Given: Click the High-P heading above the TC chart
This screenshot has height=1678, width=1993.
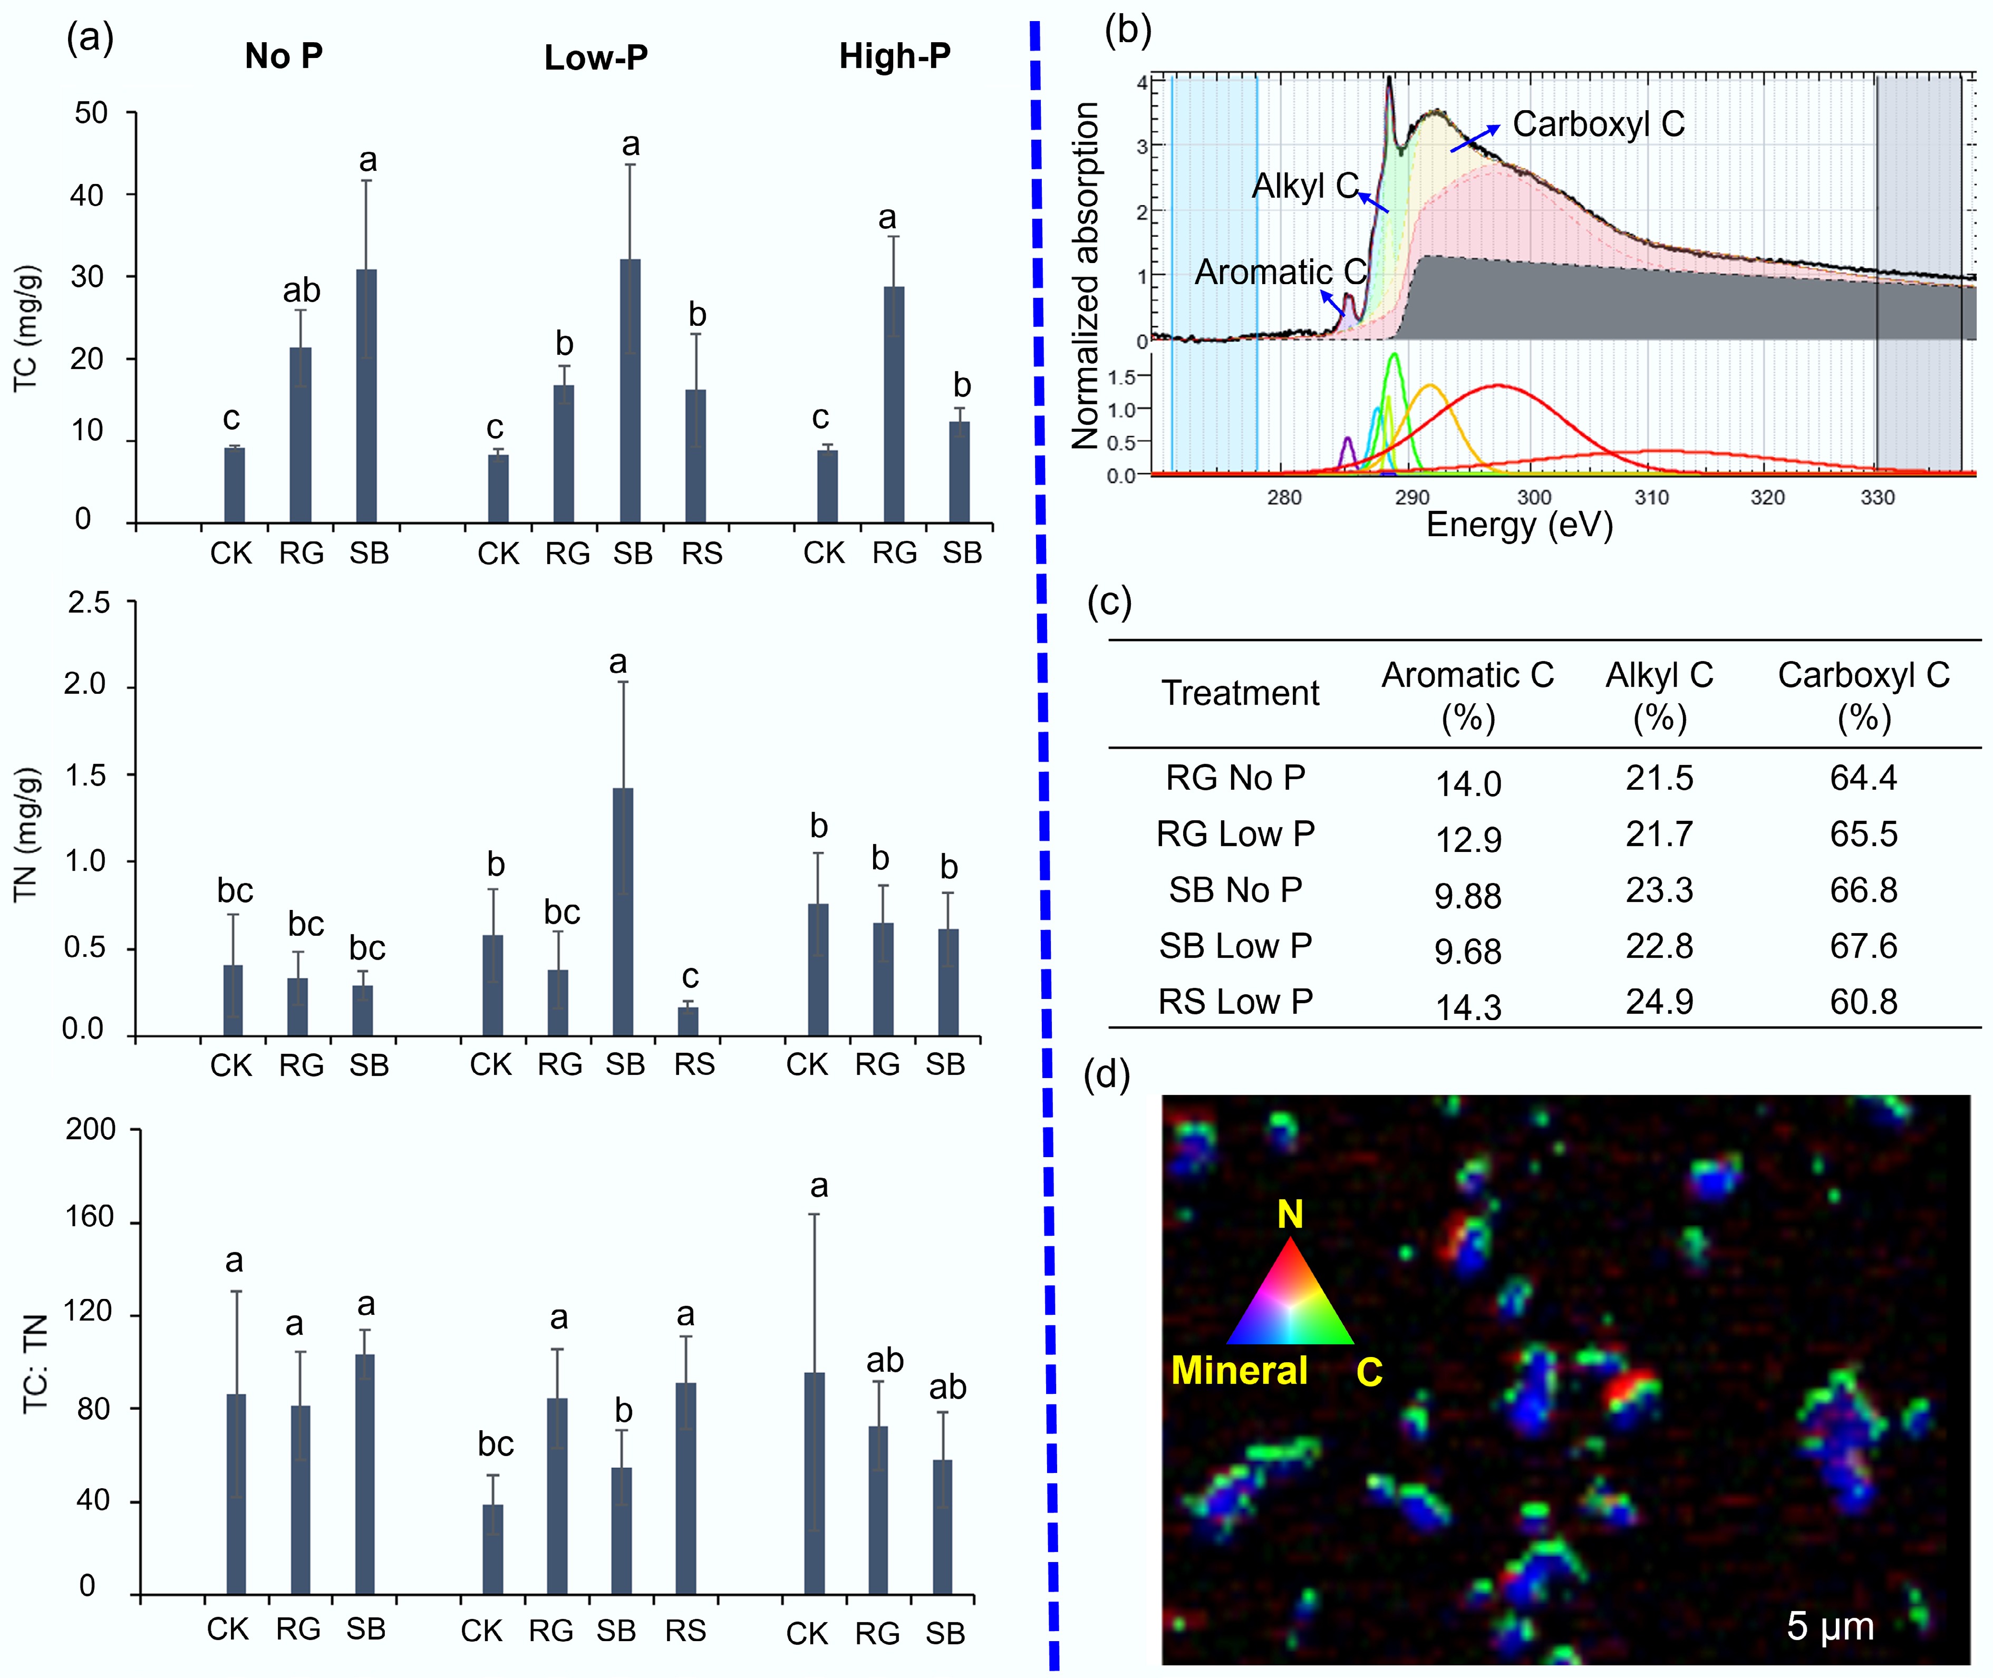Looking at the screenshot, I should pos(894,57).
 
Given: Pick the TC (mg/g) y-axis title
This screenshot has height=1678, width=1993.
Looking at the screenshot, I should pos(26,328).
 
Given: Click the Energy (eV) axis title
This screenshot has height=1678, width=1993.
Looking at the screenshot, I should pos(1519,525).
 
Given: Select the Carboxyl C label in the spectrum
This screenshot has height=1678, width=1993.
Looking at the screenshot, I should pos(1598,124).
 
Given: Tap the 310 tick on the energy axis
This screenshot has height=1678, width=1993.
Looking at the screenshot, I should pos(1651,498).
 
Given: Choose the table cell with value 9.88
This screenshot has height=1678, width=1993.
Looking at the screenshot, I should pos(1468,895).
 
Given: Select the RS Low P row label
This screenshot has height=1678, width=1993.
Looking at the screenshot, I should pos(1235,1002).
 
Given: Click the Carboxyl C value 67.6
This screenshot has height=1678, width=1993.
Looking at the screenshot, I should pos(1863,946).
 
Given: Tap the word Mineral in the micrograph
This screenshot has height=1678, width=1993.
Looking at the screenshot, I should pos(1239,1371).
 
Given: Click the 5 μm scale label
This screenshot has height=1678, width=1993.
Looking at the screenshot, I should pos(1830,1626).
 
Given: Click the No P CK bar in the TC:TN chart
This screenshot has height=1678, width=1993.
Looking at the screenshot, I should pos(236,1493).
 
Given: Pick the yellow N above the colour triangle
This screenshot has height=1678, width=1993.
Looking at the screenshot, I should pos(1290,1215).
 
